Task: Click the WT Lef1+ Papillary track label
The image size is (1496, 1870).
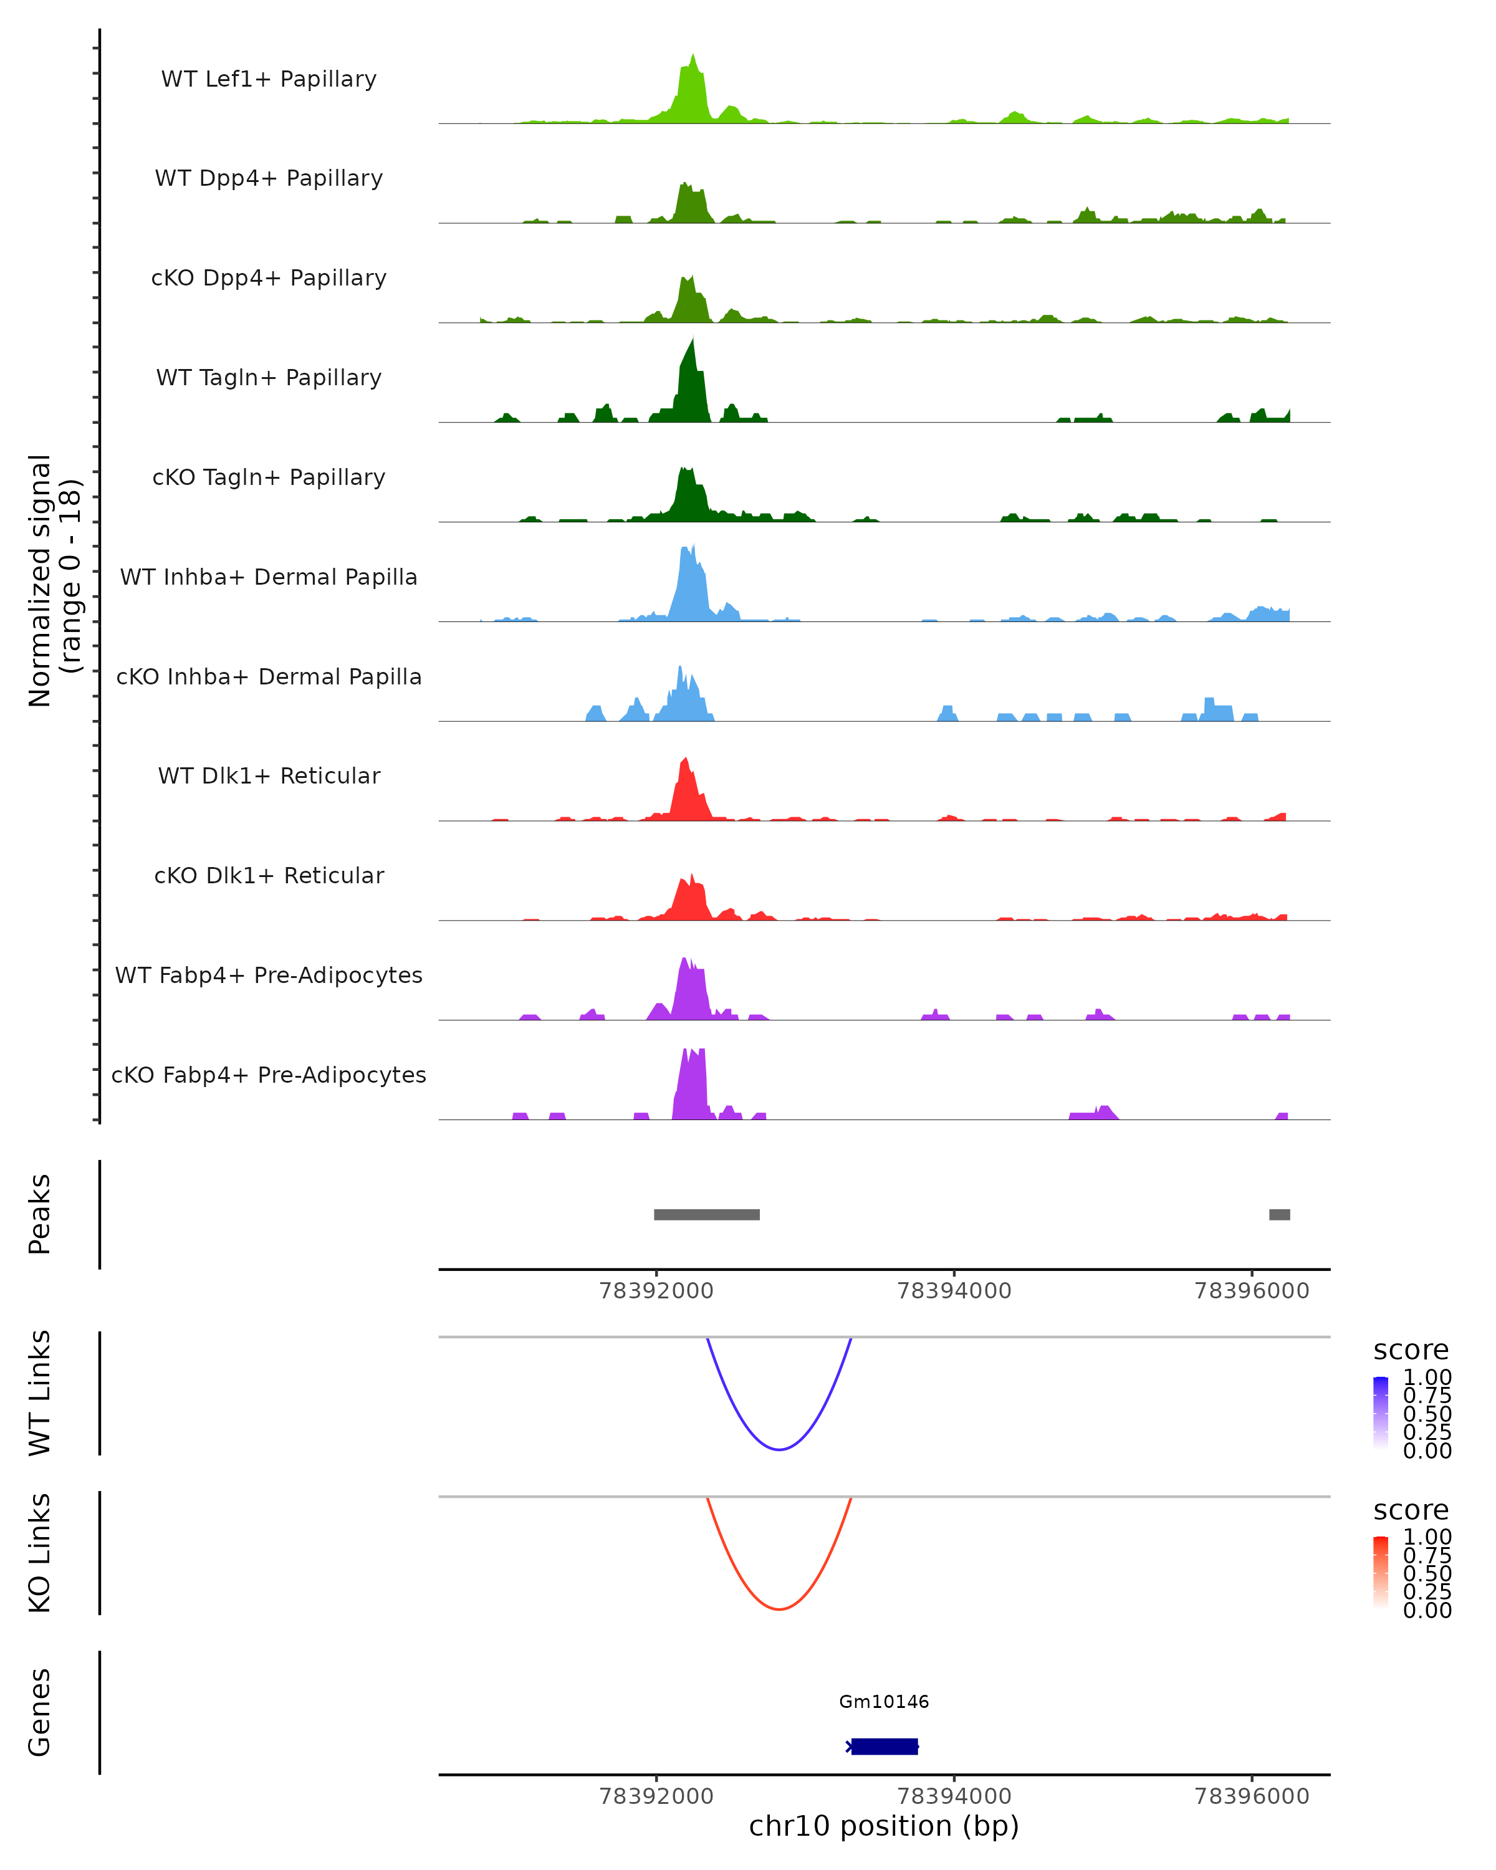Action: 269,79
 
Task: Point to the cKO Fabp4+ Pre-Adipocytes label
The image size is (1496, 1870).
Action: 269,1075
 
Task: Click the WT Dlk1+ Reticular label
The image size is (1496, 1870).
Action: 269,775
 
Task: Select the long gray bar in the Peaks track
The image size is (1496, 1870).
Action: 707,1214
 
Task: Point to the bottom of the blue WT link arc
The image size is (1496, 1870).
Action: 780,1449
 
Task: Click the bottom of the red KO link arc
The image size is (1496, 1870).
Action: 780,1609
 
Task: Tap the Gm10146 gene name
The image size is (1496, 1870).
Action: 884,1702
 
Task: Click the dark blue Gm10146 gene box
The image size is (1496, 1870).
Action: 884,1746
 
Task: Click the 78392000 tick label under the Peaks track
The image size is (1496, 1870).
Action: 656,1291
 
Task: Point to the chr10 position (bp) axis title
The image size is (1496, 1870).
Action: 884,1826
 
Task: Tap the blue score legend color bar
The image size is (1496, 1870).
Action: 1381,1412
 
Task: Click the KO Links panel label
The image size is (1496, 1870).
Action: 40,1553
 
